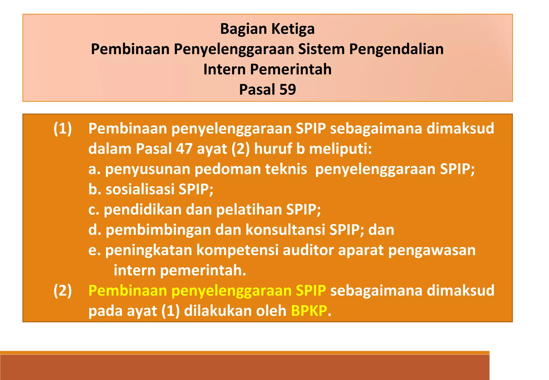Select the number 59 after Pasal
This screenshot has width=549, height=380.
(287, 90)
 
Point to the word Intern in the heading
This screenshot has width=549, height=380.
(224, 69)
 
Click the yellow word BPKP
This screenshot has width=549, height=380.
(309, 311)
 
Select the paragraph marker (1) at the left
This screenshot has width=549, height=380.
(62, 129)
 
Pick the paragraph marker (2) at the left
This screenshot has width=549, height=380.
(62, 290)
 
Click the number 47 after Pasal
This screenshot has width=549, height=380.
(184, 149)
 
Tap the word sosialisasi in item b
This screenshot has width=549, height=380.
(140, 189)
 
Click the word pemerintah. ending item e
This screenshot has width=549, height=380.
(203, 270)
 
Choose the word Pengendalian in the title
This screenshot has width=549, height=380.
(396, 49)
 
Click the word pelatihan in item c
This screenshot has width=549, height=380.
(249, 210)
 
